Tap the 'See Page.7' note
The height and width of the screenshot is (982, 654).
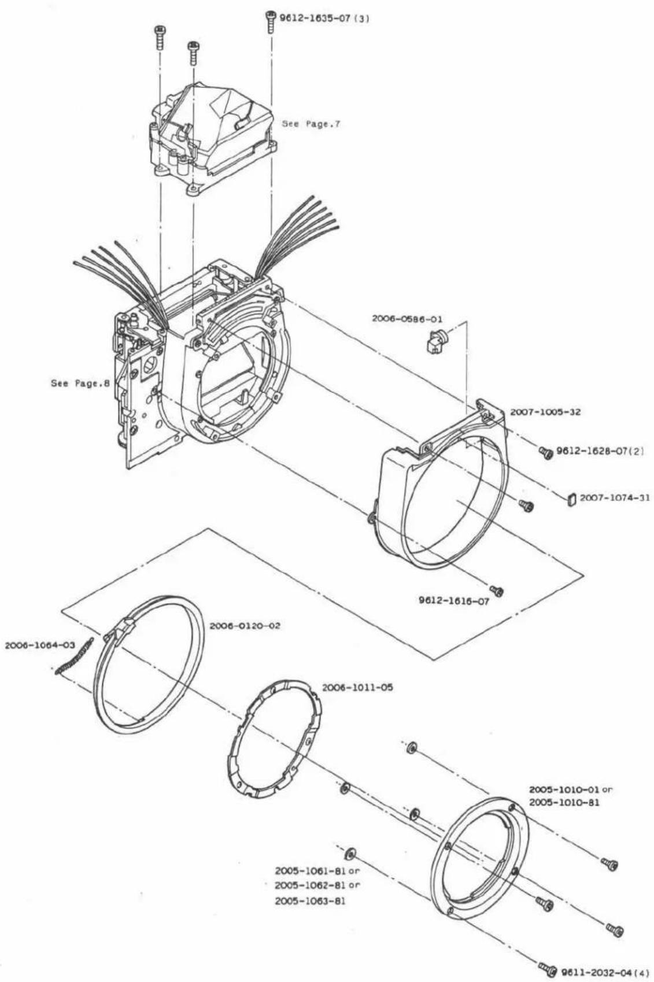click(311, 124)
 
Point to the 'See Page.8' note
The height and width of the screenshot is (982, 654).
click(80, 383)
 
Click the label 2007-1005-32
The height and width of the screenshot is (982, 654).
click(545, 412)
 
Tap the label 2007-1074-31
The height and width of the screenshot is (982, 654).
click(615, 498)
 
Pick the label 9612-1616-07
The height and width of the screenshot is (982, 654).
click(454, 601)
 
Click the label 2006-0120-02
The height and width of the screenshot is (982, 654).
click(245, 626)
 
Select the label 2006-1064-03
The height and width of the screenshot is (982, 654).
click(40, 645)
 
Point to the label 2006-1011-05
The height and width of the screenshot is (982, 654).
click(357, 688)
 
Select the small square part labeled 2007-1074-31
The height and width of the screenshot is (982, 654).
click(572, 499)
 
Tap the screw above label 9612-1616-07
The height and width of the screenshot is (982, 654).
click(497, 591)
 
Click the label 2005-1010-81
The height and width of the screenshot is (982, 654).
click(564, 803)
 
